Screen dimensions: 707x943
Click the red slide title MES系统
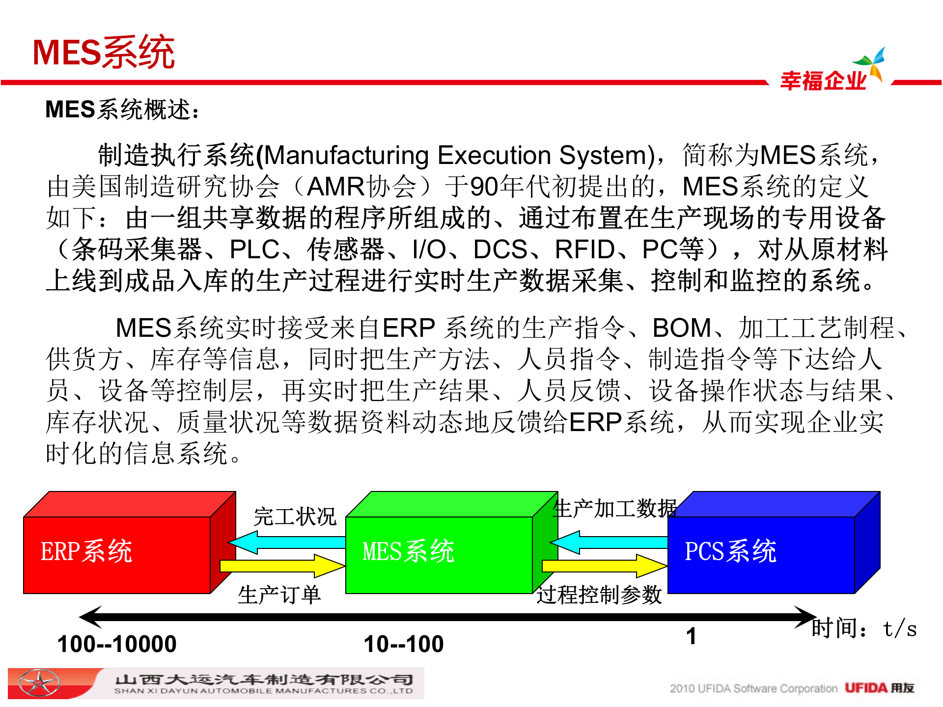tap(103, 52)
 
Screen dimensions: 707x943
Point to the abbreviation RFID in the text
tap(584, 249)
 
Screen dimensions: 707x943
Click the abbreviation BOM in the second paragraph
tap(682, 328)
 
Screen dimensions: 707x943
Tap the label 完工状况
tap(295, 517)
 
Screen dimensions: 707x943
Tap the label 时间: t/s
tap(863, 628)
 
